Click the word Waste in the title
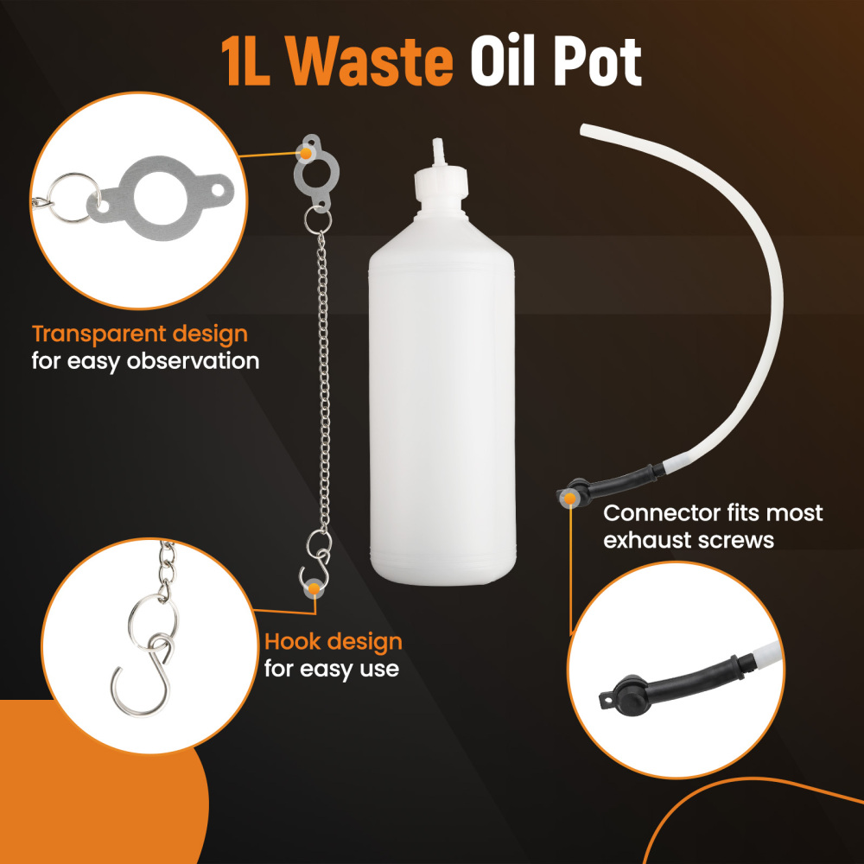369,60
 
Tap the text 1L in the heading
245,61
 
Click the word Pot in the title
597,61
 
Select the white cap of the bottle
441,181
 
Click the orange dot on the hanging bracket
306,153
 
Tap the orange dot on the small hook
314,589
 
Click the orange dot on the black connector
569,499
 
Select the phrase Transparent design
140,334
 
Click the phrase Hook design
334,642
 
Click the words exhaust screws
689,540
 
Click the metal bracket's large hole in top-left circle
160,198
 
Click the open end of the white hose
584,130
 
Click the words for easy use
331,669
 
